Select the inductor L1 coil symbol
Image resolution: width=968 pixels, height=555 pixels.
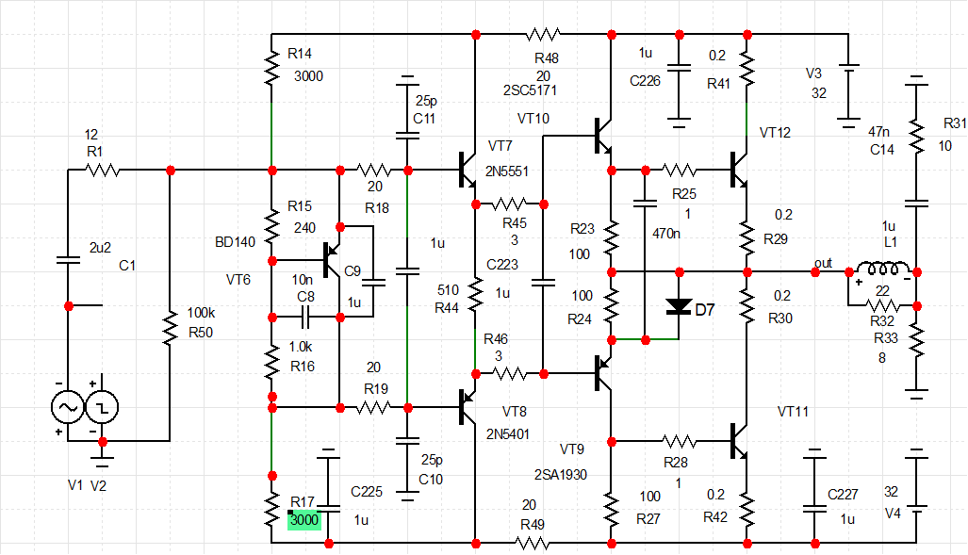pos(883,270)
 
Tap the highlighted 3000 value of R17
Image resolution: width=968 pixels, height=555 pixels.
pos(305,519)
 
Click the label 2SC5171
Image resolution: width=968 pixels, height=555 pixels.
pos(531,91)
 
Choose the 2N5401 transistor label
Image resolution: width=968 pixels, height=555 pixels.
pos(510,434)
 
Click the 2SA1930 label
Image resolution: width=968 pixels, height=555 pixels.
pos(561,474)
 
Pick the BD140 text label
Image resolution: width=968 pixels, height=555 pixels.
pos(236,242)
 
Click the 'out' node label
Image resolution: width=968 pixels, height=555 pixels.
pos(824,263)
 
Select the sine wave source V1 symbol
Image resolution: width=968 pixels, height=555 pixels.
pos(68,407)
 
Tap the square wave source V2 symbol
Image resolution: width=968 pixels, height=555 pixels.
pos(103,407)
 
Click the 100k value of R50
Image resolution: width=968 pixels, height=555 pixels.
pos(201,311)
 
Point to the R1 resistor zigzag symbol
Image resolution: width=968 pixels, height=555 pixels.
pos(102,171)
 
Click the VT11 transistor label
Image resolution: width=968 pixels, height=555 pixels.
pos(793,412)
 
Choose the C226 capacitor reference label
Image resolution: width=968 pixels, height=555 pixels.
pos(646,82)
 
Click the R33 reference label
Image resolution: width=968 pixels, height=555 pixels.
pos(887,338)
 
